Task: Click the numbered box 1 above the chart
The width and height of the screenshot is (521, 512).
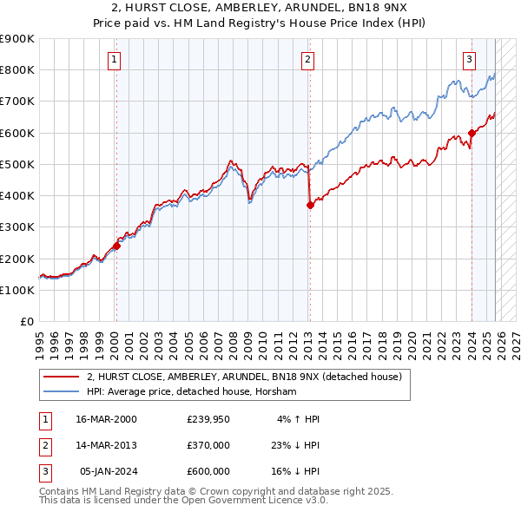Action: (115, 60)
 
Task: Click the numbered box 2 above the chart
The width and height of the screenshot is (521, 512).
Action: (307, 60)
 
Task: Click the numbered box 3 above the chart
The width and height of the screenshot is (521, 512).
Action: (469, 60)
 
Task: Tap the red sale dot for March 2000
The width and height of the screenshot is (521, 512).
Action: (116, 246)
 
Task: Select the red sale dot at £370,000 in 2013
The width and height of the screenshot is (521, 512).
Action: (309, 205)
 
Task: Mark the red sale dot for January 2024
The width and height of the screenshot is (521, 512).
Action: (472, 133)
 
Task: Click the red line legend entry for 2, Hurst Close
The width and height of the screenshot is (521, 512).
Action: (243, 377)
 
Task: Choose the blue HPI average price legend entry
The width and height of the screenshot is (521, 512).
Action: (191, 392)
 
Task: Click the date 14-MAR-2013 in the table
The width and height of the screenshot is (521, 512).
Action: (106, 445)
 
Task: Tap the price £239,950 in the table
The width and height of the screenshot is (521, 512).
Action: (208, 419)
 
